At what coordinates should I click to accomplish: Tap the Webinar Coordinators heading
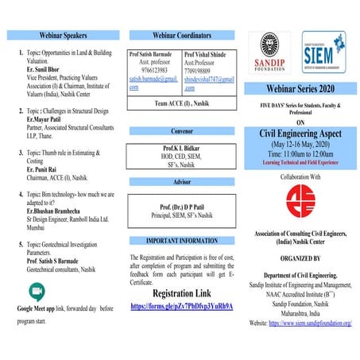point(181,36)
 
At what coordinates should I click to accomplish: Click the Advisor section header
point(181,182)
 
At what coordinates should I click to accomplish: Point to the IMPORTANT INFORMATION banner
point(181,240)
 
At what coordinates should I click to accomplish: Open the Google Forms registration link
point(180,306)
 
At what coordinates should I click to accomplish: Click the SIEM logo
point(323,53)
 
